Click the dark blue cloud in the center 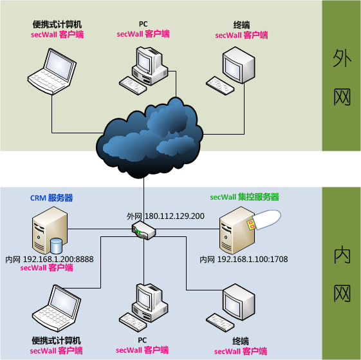pyautogui.click(x=149, y=138)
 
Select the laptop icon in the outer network pyautogui.click(x=52, y=71)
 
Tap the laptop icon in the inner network pyautogui.click(x=57, y=308)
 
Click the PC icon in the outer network pyautogui.click(x=143, y=70)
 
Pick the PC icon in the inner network pyautogui.click(x=143, y=307)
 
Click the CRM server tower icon pyautogui.click(x=50, y=231)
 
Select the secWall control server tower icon pyautogui.click(x=237, y=231)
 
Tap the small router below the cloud pyautogui.click(x=143, y=231)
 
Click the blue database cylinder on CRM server pyautogui.click(x=56, y=246)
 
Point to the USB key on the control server pyautogui.click(x=264, y=220)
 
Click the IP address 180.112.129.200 pyautogui.click(x=174, y=216)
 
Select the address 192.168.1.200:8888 pyautogui.click(x=59, y=260)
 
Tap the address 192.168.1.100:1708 pyautogui.click(x=252, y=260)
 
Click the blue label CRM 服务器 pyautogui.click(x=51, y=198)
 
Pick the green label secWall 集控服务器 pyautogui.click(x=245, y=197)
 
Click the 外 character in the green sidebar pyautogui.click(x=342, y=58)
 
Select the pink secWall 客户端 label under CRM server pyautogui.click(x=46, y=268)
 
